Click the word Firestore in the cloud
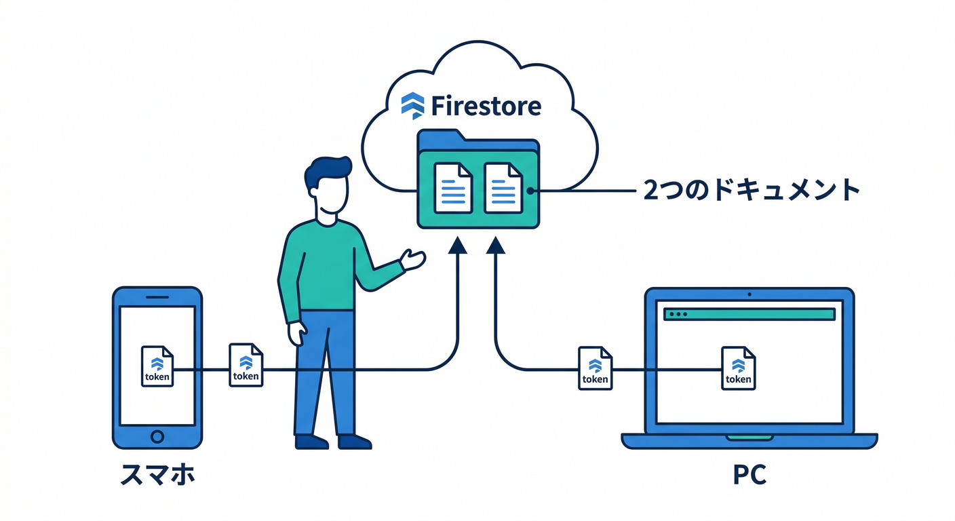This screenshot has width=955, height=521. coord(486,106)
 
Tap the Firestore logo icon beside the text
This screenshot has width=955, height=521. coord(412,105)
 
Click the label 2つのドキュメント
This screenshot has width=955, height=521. coord(752,191)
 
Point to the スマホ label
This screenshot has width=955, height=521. coord(157,475)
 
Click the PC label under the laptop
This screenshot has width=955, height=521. coord(749,475)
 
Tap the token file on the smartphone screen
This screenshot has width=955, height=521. coord(157,366)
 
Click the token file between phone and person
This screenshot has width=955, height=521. coord(246,365)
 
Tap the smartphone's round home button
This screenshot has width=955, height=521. coord(157,435)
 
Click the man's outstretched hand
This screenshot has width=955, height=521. coord(413,259)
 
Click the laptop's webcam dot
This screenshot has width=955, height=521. coord(749,294)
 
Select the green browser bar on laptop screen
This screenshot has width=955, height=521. coord(749,314)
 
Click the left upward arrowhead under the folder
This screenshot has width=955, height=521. coord(459,246)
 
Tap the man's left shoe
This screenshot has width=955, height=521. coord(311,442)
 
